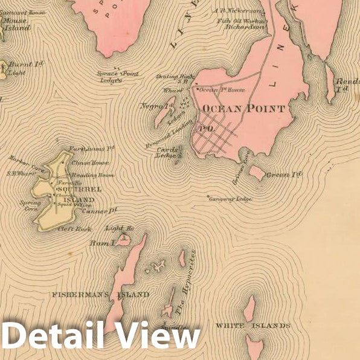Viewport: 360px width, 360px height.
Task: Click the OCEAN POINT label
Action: [x=243, y=109]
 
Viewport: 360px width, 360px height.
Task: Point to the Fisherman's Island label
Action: [x=100, y=295]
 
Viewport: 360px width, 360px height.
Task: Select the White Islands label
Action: [x=252, y=326]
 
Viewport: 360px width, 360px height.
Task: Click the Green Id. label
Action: [x=283, y=175]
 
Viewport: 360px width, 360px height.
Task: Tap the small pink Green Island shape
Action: [x=257, y=173]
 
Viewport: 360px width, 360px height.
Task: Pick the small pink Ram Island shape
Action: [x=123, y=239]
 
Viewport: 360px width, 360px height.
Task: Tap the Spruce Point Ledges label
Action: [x=117, y=77]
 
